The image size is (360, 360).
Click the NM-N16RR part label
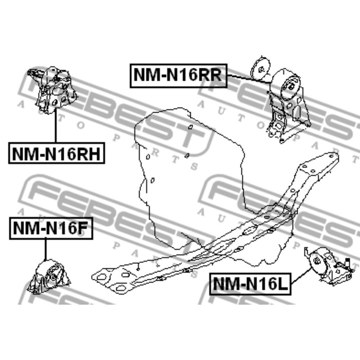pos(177,75)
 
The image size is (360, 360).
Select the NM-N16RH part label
pos(56,153)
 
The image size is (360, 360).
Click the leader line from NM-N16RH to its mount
pos(55,126)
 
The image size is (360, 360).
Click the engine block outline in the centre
pos(190,165)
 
